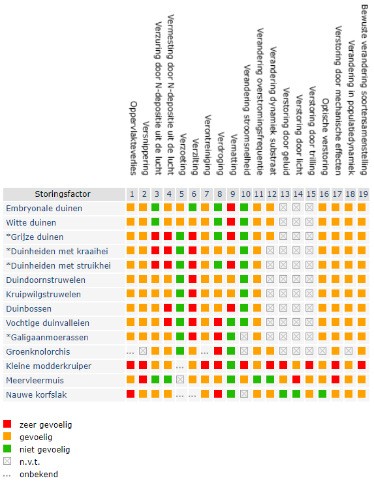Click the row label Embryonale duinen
click(x=44, y=209)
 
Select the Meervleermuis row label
click(x=35, y=381)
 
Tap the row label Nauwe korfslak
click(x=37, y=395)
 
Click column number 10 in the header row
click(x=245, y=194)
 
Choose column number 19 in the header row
click(x=363, y=194)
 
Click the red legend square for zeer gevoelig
click(x=7, y=424)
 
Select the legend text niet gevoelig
click(x=45, y=449)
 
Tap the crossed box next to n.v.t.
click(x=7, y=461)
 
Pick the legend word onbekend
click(x=39, y=474)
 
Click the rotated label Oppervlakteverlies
click(x=133, y=138)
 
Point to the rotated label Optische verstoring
click(x=325, y=137)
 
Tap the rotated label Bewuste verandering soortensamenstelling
click(x=364, y=90)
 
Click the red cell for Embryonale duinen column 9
click(x=231, y=207)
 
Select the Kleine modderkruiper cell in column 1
click(x=131, y=365)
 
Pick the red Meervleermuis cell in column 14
click(x=296, y=379)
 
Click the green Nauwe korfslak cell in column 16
click(x=322, y=394)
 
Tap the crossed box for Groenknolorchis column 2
click(x=143, y=351)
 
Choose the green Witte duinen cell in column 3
click(x=155, y=222)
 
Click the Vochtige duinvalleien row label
click(x=48, y=323)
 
